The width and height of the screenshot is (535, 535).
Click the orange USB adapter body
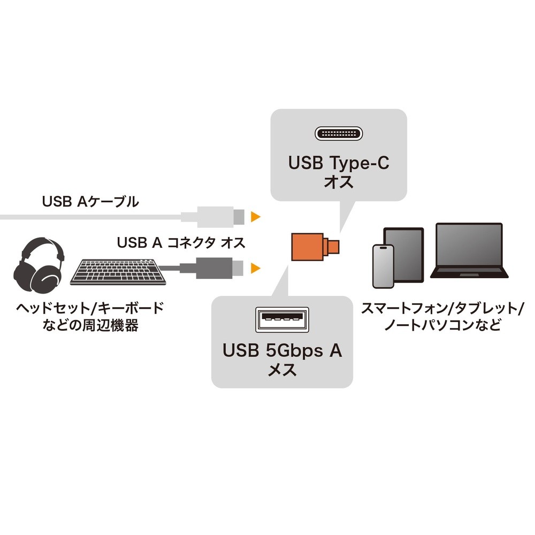point(308,247)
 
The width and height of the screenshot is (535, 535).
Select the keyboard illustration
point(119,272)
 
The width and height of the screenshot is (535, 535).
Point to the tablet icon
point(404,251)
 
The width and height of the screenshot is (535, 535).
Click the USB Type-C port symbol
point(339,133)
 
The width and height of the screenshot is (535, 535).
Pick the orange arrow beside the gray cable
point(256,267)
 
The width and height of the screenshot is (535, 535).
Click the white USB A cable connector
point(214,216)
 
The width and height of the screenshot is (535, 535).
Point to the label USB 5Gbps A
point(282,351)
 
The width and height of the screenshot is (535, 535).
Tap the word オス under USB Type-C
point(339,182)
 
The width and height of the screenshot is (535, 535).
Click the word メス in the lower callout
point(282,370)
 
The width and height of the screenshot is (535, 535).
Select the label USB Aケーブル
point(90,202)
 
